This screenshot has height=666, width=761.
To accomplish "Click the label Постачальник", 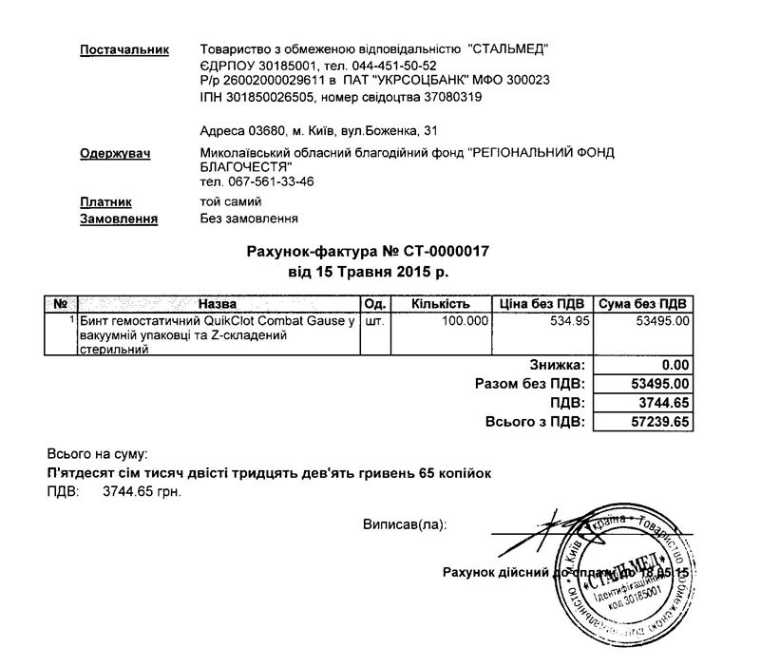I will point(124,49).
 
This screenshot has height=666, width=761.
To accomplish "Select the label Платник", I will point(105,202).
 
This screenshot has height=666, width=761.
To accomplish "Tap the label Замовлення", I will point(119,219).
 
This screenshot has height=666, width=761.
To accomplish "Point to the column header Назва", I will point(218,304).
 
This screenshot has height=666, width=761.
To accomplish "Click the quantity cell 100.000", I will point(465,321).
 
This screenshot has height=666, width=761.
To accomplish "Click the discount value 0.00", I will point(675,365).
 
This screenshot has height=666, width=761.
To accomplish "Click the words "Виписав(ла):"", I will point(404,523).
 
